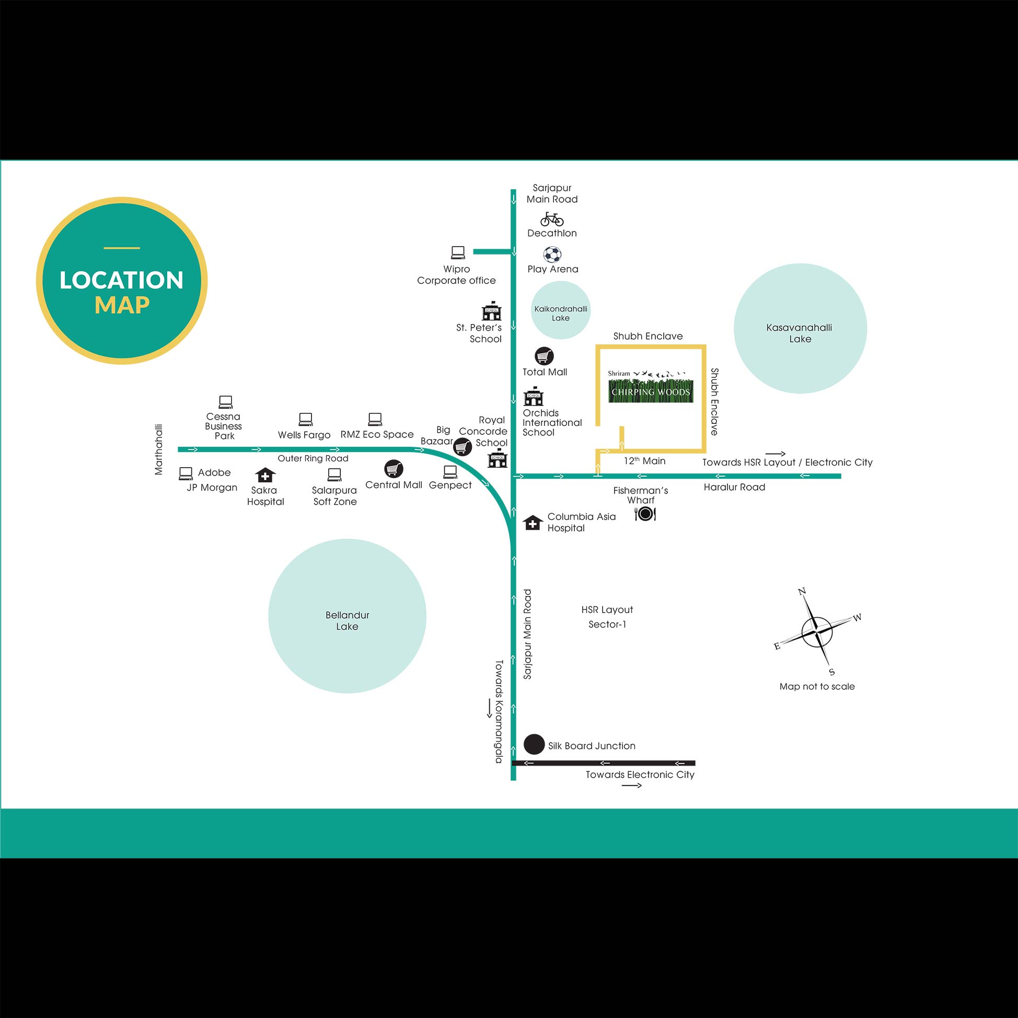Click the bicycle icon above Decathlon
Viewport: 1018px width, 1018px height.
552,218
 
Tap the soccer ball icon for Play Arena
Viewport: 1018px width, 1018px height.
552,255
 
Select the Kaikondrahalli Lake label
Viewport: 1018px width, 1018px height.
561,314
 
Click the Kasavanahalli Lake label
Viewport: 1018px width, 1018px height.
800,333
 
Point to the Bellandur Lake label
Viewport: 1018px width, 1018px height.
347,621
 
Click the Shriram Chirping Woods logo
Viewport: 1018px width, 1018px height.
650,387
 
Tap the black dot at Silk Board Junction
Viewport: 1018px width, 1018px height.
534,745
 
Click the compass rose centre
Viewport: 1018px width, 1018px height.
816,631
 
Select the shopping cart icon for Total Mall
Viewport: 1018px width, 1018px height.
545,356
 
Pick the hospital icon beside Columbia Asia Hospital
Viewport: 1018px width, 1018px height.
533,523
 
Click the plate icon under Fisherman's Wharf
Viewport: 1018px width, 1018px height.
645,514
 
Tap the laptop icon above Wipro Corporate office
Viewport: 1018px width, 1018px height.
458,253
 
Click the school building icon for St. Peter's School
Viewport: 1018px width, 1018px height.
492,311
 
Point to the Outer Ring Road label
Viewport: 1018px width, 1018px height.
313,458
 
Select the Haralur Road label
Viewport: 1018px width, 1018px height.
735,487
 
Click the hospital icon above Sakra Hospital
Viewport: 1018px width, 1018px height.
265,475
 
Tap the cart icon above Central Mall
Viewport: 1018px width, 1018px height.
394,468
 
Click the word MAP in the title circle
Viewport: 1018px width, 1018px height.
122,305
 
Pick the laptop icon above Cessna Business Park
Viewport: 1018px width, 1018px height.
226,402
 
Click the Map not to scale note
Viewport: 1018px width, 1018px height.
817,686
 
